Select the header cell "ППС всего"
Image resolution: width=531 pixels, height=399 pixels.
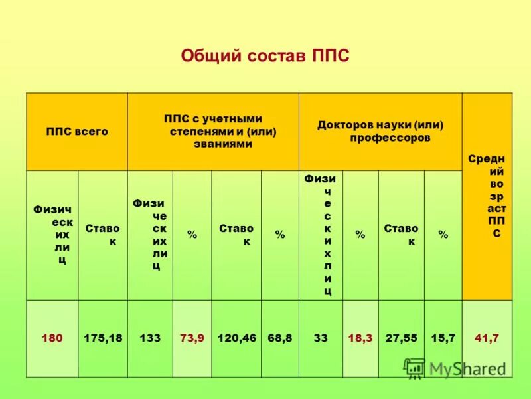(x=77, y=132)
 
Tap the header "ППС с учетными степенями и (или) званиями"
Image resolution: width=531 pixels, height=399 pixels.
(x=213, y=131)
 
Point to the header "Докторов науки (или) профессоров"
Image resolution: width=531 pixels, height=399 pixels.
(x=380, y=131)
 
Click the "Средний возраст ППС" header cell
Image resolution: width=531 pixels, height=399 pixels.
(x=487, y=196)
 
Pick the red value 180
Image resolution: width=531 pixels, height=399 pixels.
(x=52, y=338)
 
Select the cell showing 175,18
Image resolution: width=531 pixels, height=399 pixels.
(x=103, y=338)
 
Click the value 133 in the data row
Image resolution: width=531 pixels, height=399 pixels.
(x=150, y=338)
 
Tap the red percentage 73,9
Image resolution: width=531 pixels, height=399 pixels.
(x=192, y=338)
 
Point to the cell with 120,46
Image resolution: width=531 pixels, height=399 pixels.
(x=236, y=338)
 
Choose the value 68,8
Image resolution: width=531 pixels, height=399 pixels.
(x=279, y=338)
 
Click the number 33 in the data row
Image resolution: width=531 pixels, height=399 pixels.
(x=321, y=338)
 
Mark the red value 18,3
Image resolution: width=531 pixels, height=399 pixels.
(x=360, y=338)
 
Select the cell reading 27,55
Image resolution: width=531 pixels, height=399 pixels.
(x=401, y=338)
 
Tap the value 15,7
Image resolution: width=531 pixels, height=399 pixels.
(x=443, y=338)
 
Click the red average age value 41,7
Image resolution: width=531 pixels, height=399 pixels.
(x=487, y=338)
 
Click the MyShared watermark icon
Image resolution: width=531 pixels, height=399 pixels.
(x=415, y=368)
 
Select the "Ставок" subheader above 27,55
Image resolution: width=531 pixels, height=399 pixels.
(x=401, y=235)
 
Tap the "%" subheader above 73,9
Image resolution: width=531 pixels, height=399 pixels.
(x=192, y=235)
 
